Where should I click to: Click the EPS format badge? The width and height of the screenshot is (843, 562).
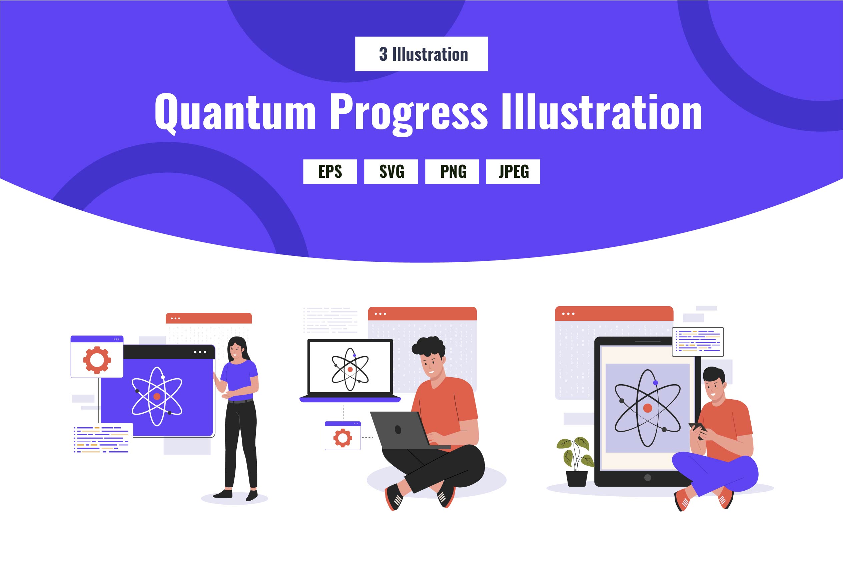click(x=330, y=172)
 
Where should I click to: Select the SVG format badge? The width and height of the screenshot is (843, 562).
click(x=391, y=172)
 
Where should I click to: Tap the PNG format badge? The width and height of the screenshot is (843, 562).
click(x=452, y=172)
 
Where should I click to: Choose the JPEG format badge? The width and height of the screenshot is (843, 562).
click(x=513, y=172)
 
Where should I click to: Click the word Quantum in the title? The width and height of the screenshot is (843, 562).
click(x=235, y=112)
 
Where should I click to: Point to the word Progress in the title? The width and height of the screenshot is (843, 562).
click(x=408, y=114)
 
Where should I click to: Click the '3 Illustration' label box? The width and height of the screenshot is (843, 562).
click(x=421, y=54)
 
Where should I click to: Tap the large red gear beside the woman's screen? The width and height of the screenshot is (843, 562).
click(x=97, y=360)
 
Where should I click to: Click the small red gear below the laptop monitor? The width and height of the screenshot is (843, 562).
click(x=342, y=438)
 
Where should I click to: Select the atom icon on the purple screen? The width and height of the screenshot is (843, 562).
click(x=157, y=397)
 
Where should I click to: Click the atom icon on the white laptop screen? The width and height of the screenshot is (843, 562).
click(x=350, y=369)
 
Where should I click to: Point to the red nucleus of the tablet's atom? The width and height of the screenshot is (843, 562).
click(x=647, y=408)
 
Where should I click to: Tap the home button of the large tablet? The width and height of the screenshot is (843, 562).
click(x=647, y=477)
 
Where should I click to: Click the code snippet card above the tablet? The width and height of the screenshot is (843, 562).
click(x=698, y=342)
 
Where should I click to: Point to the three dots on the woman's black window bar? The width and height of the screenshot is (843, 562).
click(x=200, y=352)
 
